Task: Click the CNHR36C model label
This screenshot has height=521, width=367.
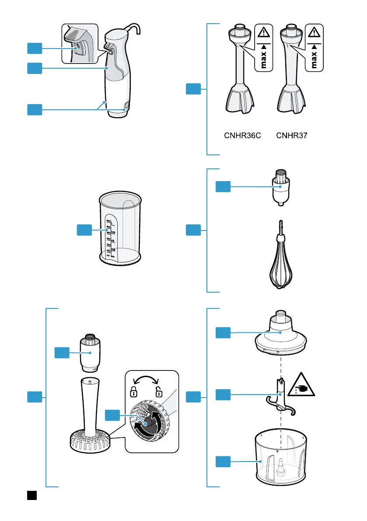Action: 242,136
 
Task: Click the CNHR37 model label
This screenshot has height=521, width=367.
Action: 292,136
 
